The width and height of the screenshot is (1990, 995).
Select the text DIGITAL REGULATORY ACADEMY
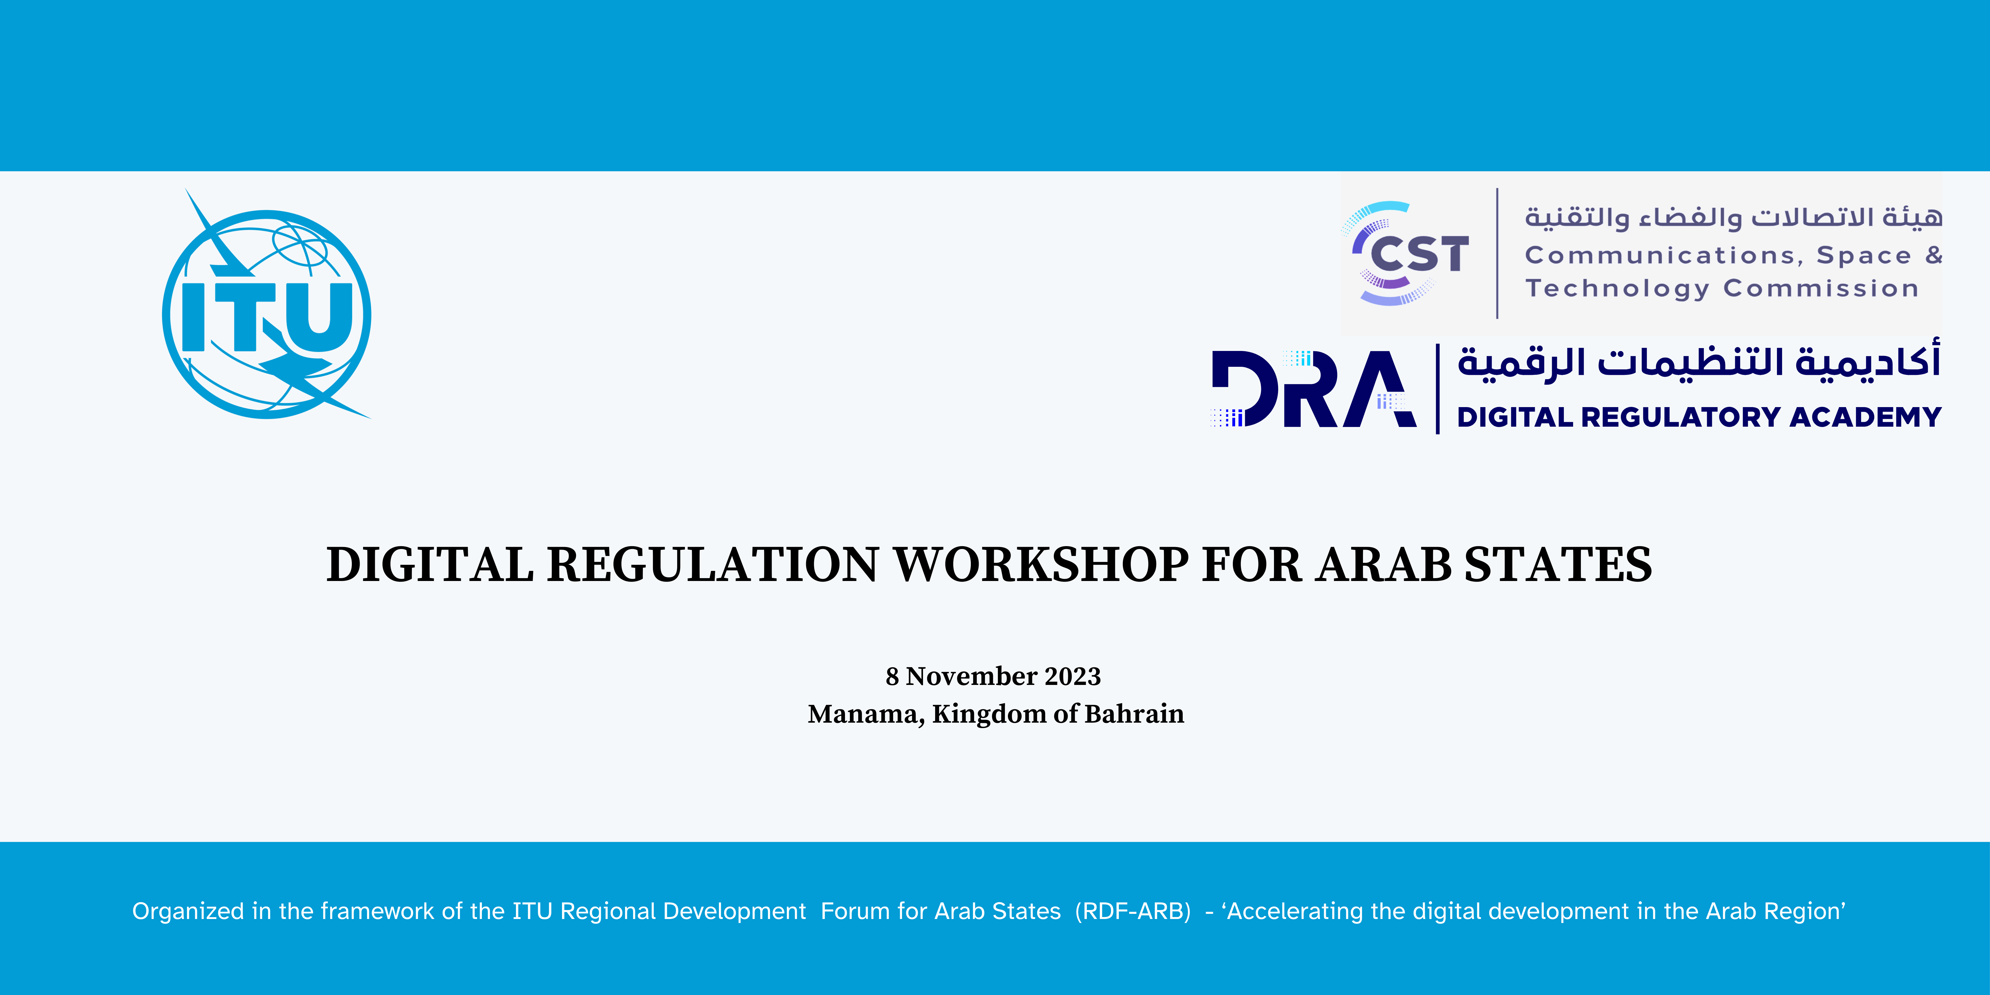tap(1699, 417)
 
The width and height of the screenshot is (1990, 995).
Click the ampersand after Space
tap(1934, 255)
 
